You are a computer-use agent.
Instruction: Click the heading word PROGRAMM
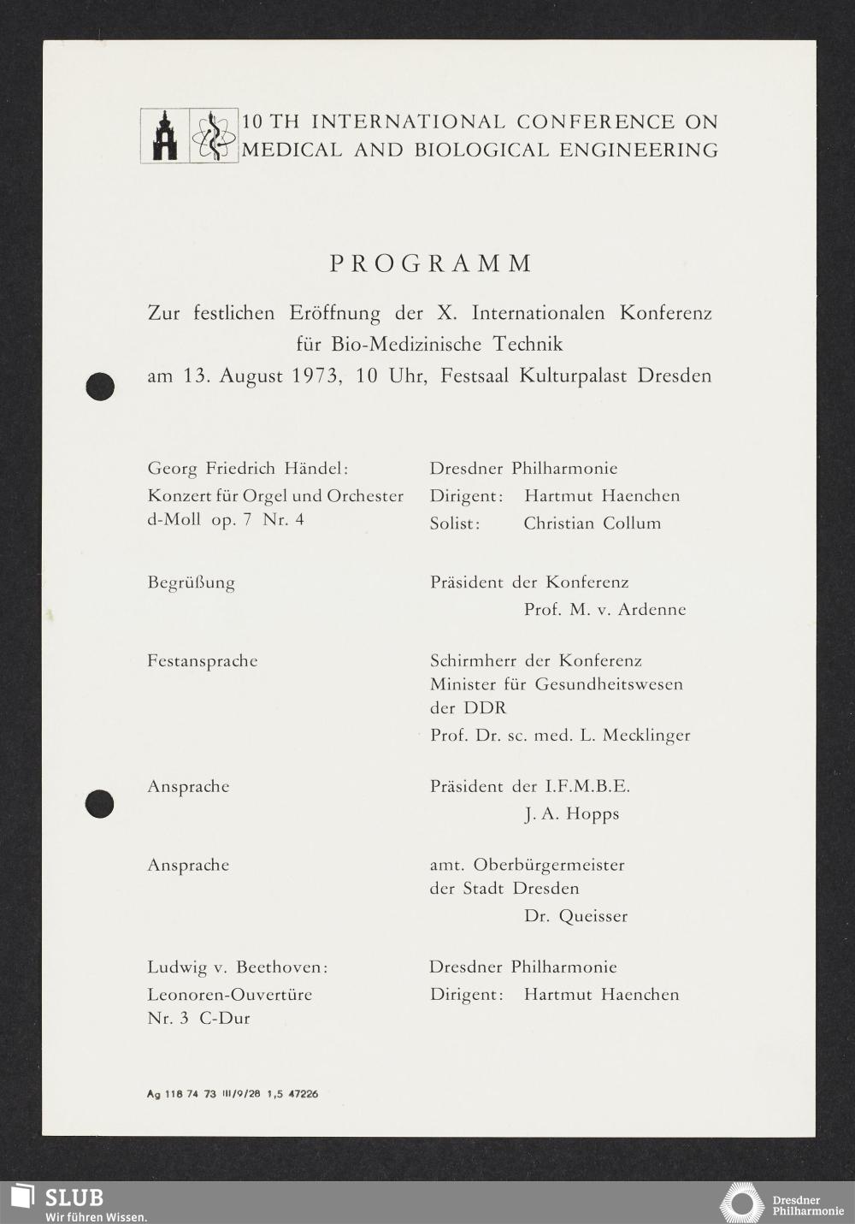point(431,263)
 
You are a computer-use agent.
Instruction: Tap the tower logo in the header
point(164,136)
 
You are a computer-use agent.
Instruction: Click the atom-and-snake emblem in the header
point(214,136)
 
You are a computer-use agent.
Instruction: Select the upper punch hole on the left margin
point(100,386)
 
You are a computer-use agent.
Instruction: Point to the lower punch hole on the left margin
point(100,803)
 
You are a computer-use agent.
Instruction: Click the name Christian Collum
point(592,523)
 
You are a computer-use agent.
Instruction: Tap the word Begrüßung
point(191,583)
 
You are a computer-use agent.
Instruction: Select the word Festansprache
point(203,661)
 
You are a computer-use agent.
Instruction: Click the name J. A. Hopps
point(571,814)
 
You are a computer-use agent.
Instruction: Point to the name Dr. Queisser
point(575,916)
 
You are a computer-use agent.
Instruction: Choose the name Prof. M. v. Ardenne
point(604,610)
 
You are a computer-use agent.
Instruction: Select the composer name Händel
point(316,469)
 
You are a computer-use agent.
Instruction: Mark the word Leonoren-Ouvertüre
point(229,995)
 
